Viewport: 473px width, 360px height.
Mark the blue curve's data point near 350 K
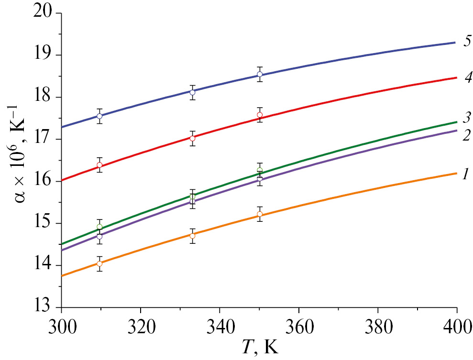pos(260,74)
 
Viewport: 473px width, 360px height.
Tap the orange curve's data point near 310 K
pos(99,263)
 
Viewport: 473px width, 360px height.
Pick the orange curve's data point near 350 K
pos(260,214)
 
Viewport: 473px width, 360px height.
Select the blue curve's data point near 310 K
pos(99,116)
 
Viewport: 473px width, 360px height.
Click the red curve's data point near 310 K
pos(99,165)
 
